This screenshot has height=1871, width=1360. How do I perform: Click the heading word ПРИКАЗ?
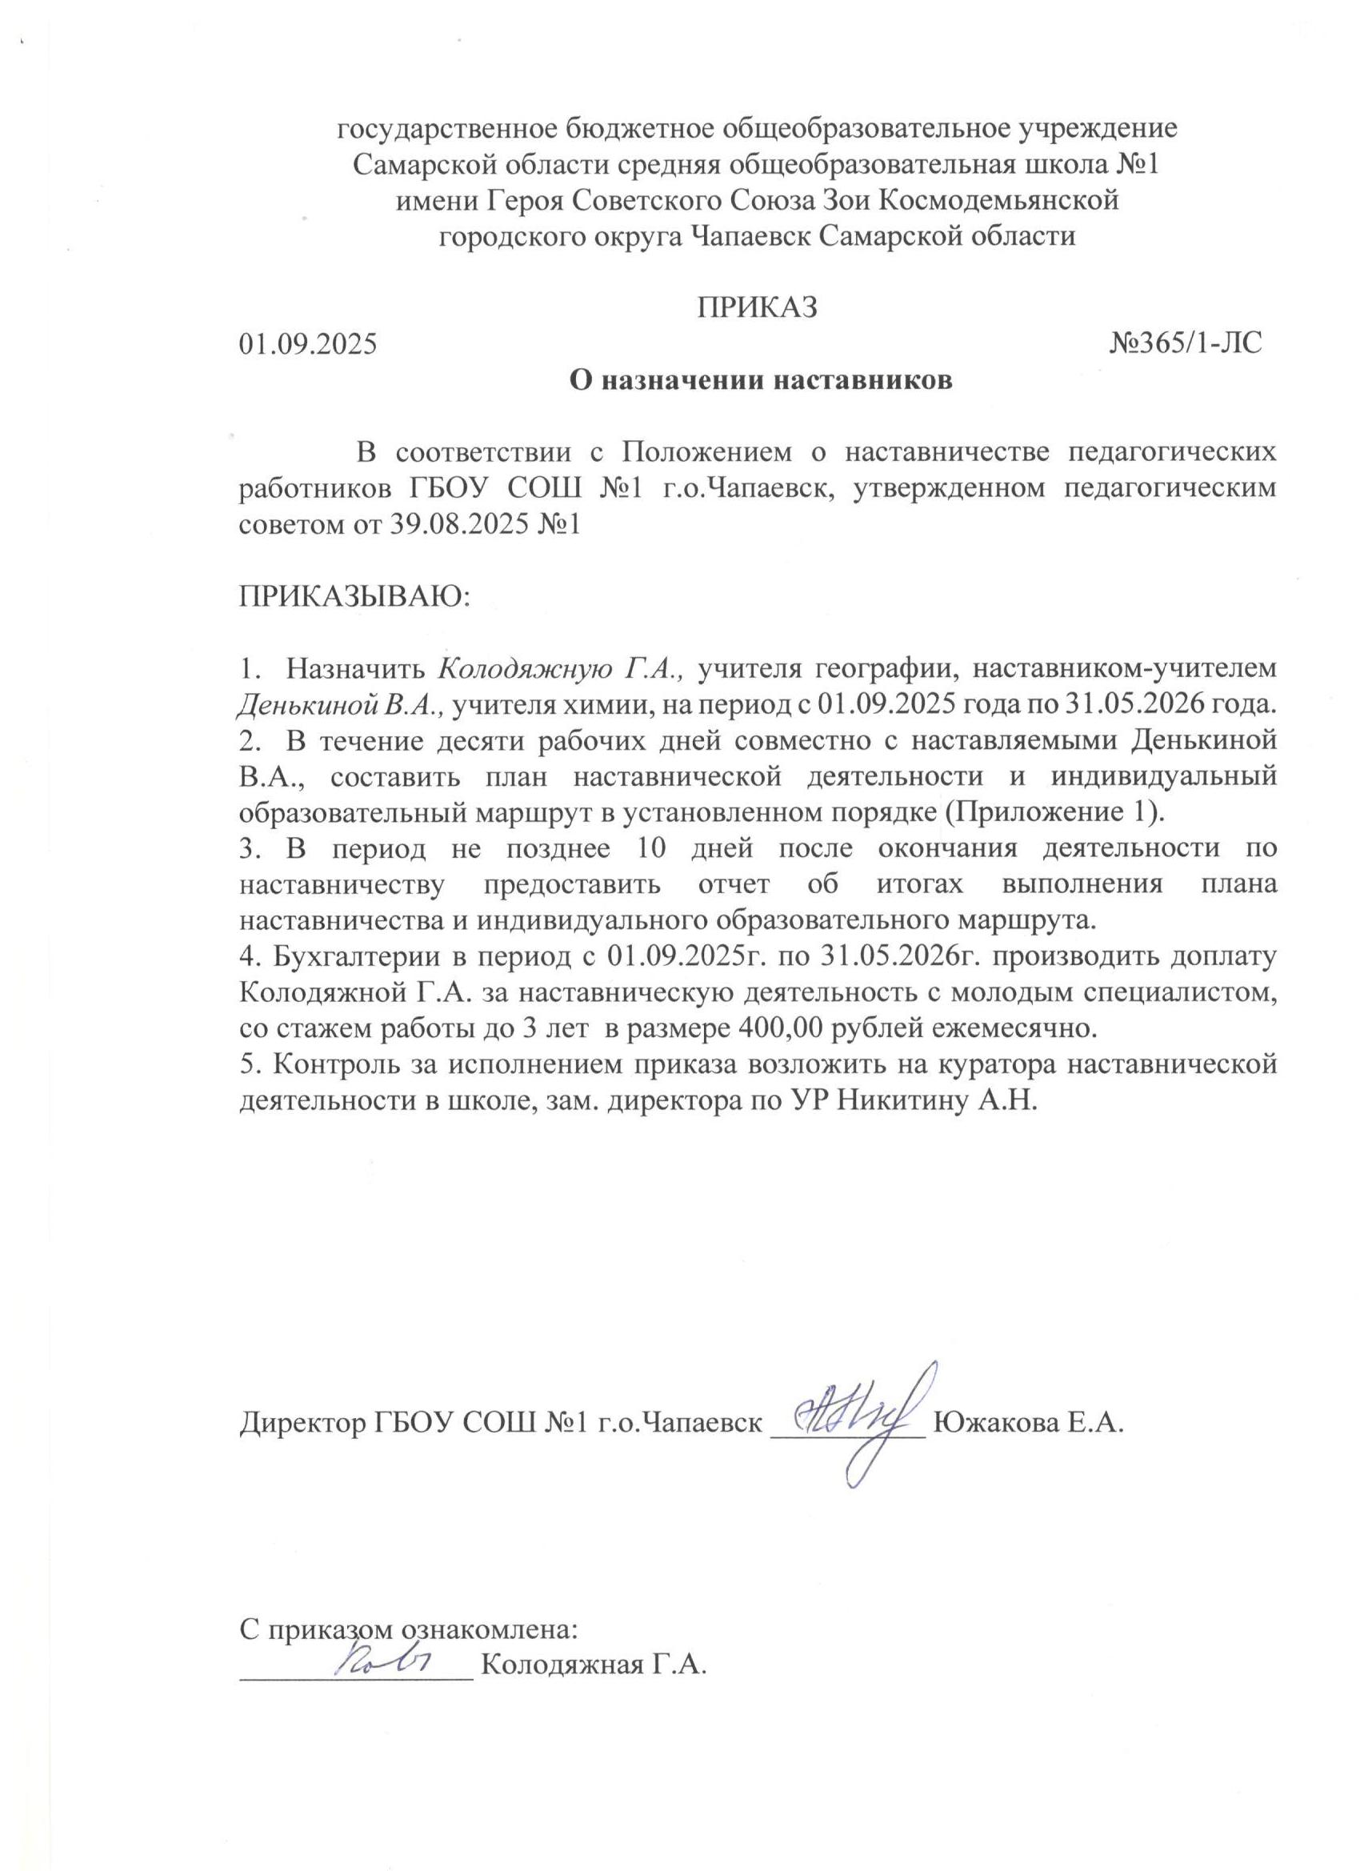click(757, 306)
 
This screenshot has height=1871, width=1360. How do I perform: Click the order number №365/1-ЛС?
click(1186, 343)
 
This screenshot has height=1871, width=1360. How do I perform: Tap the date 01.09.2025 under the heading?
click(308, 343)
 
